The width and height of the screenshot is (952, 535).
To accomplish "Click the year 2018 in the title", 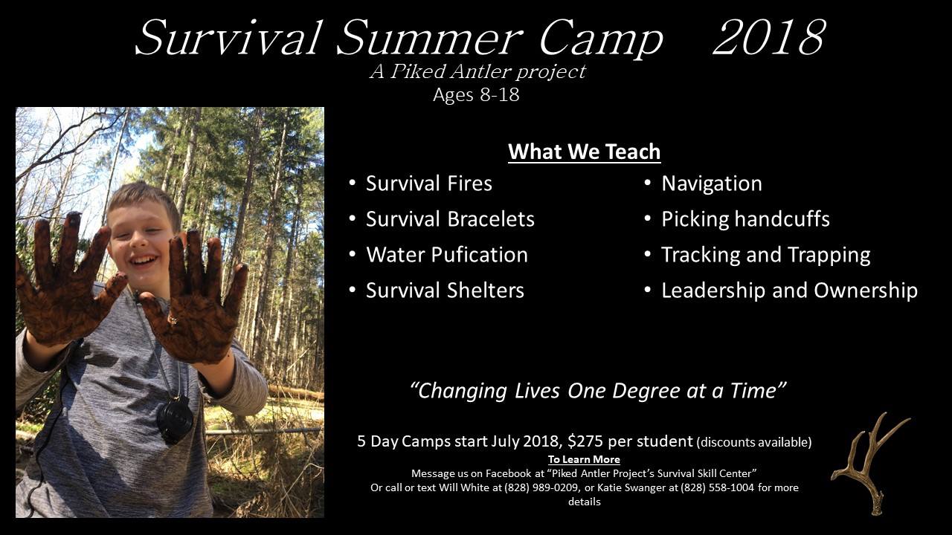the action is (x=770, y=37).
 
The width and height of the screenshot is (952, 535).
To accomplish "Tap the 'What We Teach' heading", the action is (x=585, y=152).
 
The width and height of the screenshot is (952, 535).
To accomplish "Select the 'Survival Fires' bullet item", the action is (x=429, y=184).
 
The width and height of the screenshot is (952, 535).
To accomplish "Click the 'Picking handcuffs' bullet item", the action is (x=745, y=219).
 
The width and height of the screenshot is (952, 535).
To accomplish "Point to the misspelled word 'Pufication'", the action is (x=480, y=255).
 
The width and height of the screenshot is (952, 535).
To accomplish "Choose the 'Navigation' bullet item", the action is (x=712, y=184).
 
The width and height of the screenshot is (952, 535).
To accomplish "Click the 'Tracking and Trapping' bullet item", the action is (x=766, y=255).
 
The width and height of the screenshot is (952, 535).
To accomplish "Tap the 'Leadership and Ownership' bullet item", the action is (x=790, y=291).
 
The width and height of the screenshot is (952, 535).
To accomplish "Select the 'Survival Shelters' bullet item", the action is (x=445, y=291).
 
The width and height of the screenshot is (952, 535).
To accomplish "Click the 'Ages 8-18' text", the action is (x=476, y=94).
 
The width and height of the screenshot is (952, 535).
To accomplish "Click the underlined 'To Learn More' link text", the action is (x=584, y=459).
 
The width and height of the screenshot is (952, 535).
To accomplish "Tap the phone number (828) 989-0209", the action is (x=541, y=487).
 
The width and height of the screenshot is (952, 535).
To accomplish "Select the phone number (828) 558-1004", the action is (x=718, y=487).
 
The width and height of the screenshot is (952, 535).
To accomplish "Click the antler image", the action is (x=870, y=464).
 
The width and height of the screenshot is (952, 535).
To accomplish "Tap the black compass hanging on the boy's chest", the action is (x=175, y=419).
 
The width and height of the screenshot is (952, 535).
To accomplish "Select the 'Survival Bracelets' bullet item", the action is (x=450, y=219).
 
